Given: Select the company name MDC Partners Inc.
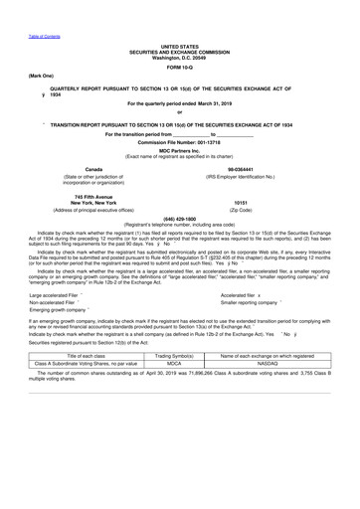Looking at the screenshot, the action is coord(179,151).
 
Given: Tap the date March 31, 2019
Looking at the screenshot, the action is coord(211,102).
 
